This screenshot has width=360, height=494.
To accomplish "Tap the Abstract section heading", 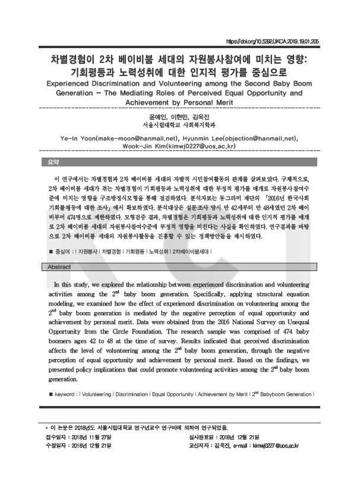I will tap(59, 267).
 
